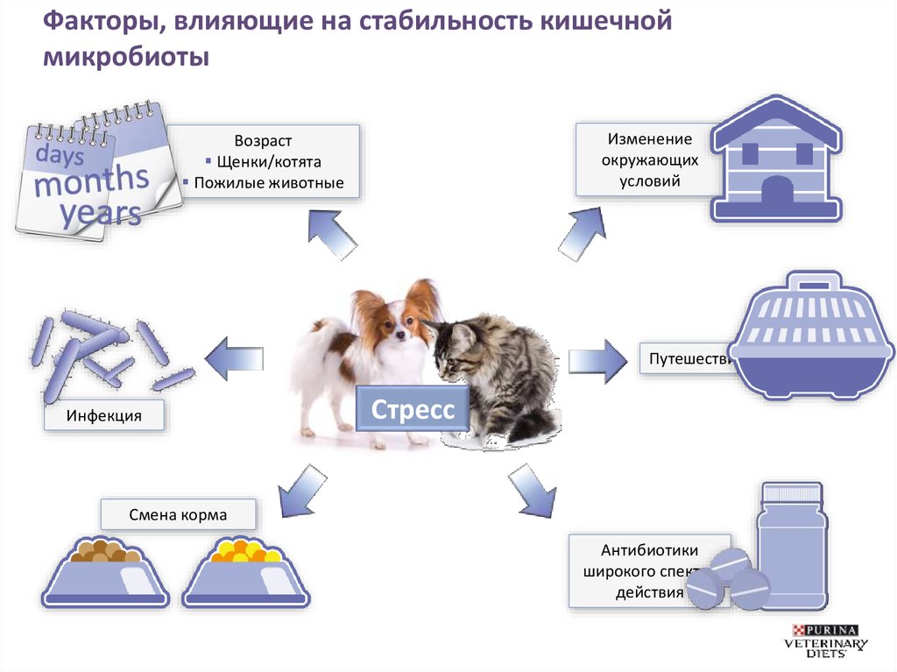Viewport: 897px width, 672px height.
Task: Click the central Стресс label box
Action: point(413,409)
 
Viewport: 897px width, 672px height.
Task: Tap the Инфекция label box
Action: point(104,414)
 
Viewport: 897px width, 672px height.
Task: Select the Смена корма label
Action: point(178,514)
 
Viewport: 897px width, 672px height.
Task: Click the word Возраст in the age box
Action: point(263,141)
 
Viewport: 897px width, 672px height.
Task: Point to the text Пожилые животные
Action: point(268,183)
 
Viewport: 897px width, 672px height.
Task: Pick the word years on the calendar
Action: point(101,212)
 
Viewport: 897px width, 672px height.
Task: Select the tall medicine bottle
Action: point(792,542)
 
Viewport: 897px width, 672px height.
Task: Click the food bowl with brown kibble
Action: point(106,573)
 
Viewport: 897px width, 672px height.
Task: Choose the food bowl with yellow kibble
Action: point(245,573)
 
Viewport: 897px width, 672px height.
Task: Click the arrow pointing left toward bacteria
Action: point(230,358)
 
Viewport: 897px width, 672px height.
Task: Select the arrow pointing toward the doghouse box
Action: point(581,232)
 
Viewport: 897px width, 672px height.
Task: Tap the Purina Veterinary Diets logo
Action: point(827,640)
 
